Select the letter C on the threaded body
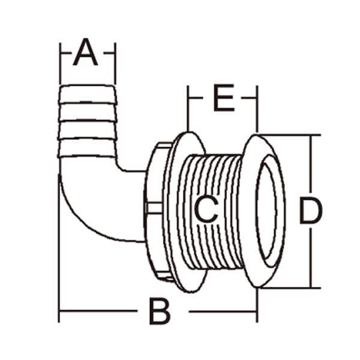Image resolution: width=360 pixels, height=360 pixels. [206, 209]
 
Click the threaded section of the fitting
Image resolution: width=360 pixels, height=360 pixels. [225, 180]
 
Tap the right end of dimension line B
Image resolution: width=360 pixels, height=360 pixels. [257, 311]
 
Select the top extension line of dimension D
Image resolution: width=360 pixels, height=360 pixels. [288, 135]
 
